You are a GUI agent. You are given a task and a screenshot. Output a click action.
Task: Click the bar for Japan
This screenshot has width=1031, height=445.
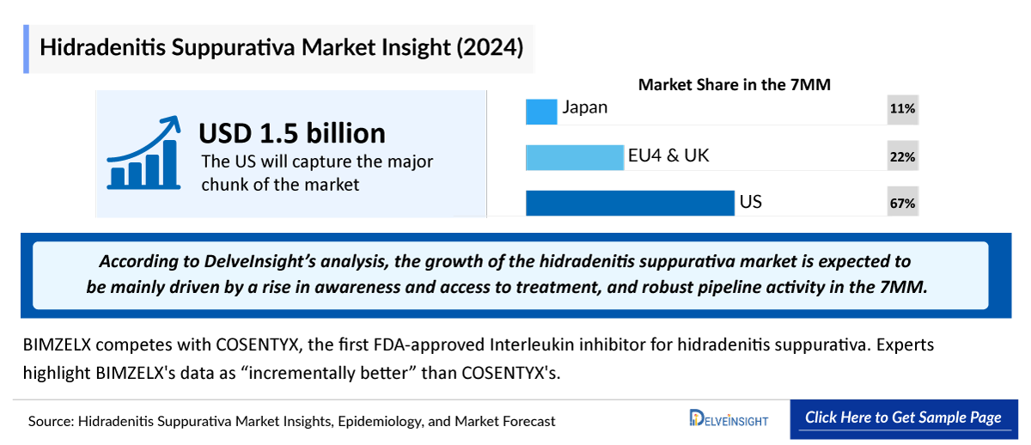click(x=541, y=112)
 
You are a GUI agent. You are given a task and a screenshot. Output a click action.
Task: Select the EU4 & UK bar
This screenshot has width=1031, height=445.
click(x=574, y=157)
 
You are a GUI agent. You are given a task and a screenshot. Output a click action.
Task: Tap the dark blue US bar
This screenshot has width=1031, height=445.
click(x=630, y=203)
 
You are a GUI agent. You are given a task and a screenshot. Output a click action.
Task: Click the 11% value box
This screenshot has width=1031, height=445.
click(x=902, y=109)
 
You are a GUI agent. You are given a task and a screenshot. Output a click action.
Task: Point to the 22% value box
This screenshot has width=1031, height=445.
click(x=902, y=157)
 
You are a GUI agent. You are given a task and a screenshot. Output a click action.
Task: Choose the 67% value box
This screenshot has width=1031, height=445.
click(x=902, y=204)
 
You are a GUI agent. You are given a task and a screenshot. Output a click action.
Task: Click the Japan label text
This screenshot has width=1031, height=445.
click(x=585, y=107)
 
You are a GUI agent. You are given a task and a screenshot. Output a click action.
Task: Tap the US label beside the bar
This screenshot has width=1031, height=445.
click(x=750, y=202)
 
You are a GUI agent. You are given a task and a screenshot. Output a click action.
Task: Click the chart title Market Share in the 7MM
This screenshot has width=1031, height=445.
click(x=735, y=84)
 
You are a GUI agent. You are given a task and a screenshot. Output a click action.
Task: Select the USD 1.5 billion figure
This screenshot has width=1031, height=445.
click(x=292, y=133)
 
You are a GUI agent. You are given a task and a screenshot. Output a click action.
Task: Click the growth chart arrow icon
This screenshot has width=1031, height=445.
click(x=143, y=154)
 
